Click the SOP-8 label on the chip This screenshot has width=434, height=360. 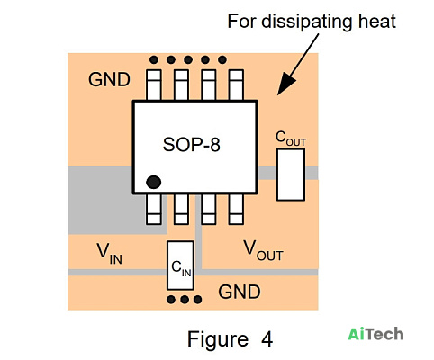click(x=191, y=145)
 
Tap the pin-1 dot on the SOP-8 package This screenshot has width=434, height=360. click(x=153, y=182)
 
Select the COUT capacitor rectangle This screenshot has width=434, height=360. click(x=291, y=175)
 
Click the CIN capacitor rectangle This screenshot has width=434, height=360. click(x=180, y=265)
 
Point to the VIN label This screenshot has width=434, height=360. click(x=109, y=254)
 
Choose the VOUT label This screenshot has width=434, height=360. click(x=263, y=251)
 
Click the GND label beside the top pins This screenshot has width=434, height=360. click(x=109, y=80)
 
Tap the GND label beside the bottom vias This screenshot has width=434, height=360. click(x=240, y=292)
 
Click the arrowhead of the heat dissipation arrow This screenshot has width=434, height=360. click(x=285, y=85)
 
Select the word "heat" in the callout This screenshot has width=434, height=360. click(x=377, y=22)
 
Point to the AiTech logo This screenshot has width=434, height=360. click(x=375, y=334)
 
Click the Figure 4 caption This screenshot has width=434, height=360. click(x=230, y=339)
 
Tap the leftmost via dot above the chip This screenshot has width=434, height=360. click(x=154, y=60)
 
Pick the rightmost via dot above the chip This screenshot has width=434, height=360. click(x=222, y=60)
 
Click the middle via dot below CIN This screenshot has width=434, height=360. click(x=185, y=300)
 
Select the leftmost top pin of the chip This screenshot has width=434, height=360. click(x=154, y=85)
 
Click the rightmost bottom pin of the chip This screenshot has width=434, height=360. click(x=236, y=209)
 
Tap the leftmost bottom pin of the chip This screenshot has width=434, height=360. click(x=154, y=209)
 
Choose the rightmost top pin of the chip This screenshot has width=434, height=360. click(x=236, y=85)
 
